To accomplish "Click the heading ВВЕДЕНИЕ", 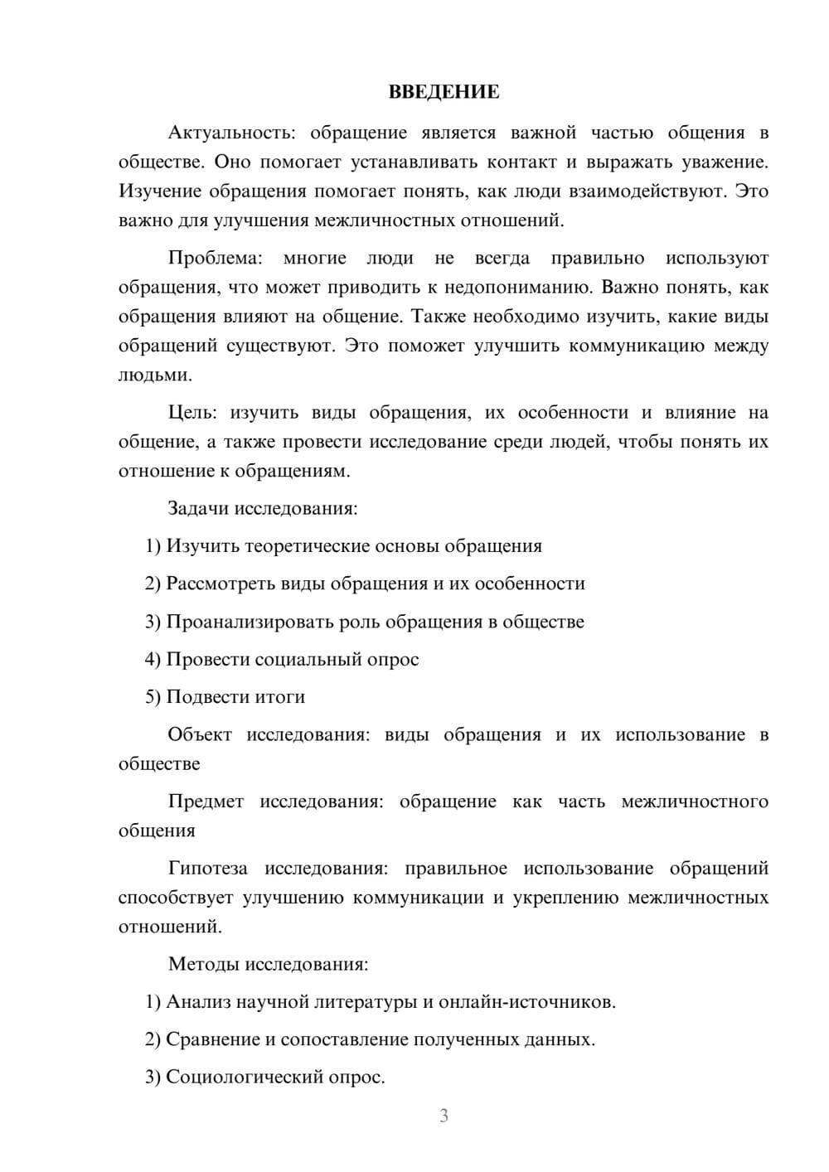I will (444, 92).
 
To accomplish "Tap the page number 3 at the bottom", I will (444, 1116).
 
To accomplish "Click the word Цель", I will (189, 413).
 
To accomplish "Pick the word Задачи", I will (198, 508).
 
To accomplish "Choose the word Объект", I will (199, 734).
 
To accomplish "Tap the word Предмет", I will (206, 802).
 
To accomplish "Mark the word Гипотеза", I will (207, 869).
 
